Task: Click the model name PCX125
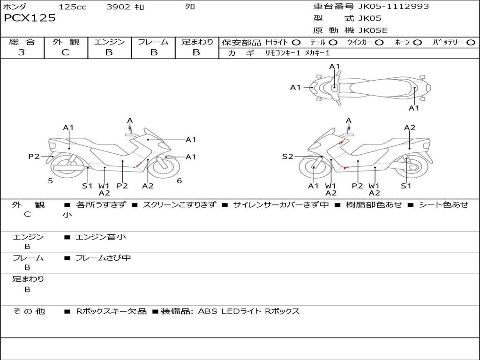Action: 30,18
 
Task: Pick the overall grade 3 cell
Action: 22,52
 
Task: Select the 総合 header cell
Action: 22,42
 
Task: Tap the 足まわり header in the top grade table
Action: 197,42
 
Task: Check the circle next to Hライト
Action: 296,42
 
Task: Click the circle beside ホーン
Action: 417,42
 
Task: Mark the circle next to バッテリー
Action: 471,42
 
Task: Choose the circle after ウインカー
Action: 379,42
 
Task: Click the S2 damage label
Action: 287,157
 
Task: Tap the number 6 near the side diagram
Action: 179,180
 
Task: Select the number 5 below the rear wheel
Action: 50,180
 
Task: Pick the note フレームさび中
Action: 103,258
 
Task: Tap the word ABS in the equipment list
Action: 207,311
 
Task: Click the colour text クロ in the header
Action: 190,7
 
